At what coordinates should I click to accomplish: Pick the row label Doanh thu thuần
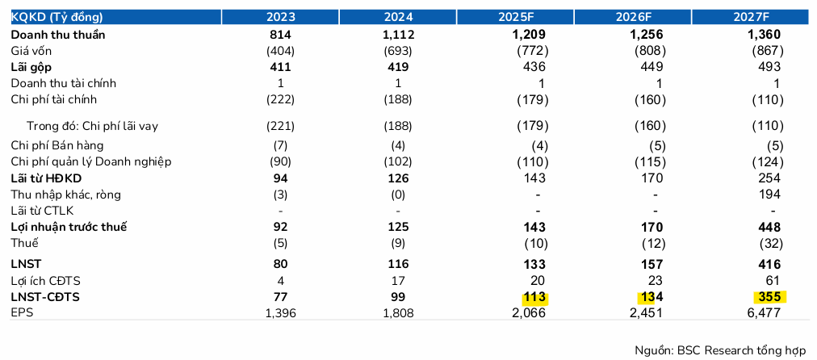(58, 35)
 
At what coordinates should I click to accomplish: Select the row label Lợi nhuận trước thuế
(69, 227)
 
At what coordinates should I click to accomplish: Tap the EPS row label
(22, 312)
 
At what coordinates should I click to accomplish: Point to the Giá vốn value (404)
(281, 51)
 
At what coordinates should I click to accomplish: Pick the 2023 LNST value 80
(281, 264)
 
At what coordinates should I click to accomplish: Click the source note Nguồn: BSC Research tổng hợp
(720, 349)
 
